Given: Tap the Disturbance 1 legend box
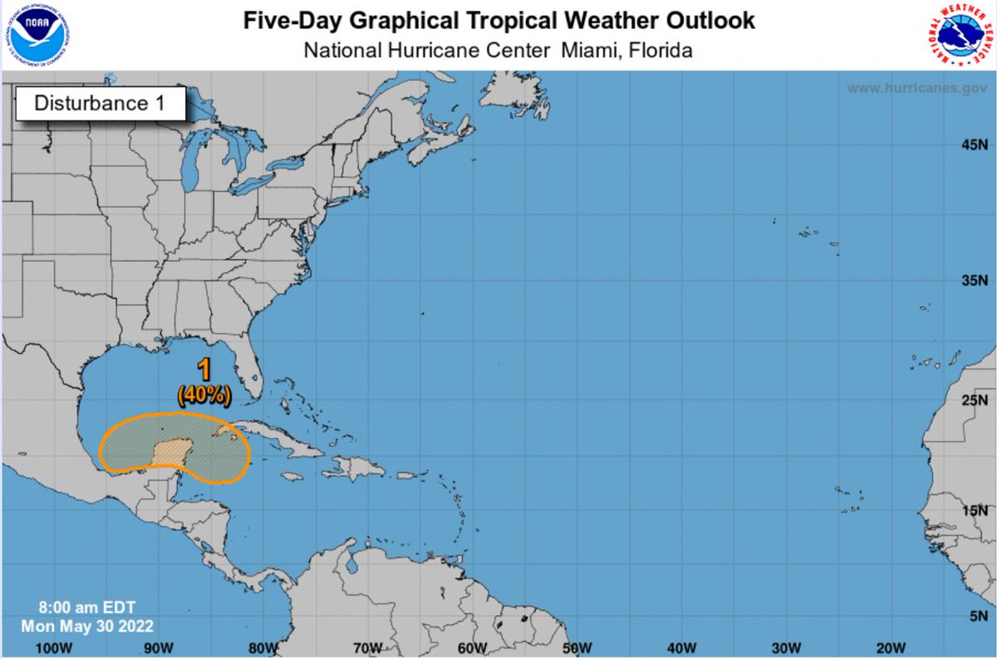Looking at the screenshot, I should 98,104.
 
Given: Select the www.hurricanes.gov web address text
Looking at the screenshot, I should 916,88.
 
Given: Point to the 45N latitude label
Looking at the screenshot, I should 972,146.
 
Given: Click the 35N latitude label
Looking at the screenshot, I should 972,281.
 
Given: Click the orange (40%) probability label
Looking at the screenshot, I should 204,396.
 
